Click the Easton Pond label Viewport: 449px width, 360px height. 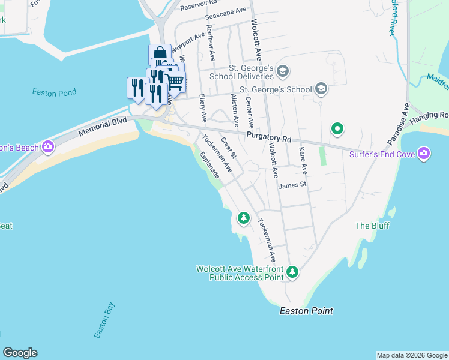(x=54, y=92)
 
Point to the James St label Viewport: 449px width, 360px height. (x=292, y=185)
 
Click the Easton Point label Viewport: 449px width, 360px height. (x=306, y=311)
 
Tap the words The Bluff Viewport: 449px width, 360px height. (x=372, y=226)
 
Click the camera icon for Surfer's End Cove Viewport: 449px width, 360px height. (x=424, y=154)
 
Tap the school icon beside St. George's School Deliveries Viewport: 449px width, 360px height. (x=283, y=72)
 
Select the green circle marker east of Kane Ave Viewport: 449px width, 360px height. (x=337, y=128)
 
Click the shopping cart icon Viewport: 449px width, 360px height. (x=175, y=81)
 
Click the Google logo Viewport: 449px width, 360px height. (x=20, y=353)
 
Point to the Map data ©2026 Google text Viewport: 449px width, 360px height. (x=412, y=355)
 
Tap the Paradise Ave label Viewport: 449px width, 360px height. (x=397, y=124)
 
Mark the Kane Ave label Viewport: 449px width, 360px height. (x=302, y=161)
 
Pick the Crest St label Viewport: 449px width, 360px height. (x=229, y=148)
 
